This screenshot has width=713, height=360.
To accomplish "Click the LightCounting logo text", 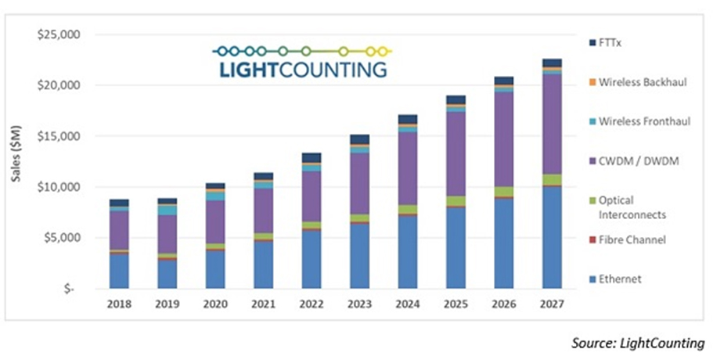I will [x=302, y=70].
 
